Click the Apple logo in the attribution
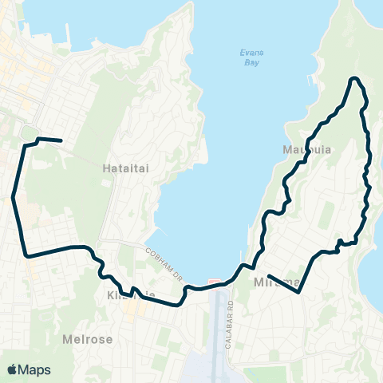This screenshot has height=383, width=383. tap(11, 369)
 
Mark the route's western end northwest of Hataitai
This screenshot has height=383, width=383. tap(61, 141)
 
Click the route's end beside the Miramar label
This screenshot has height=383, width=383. tap(269, 276)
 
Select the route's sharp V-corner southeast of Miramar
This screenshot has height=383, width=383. tap(298, 292)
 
